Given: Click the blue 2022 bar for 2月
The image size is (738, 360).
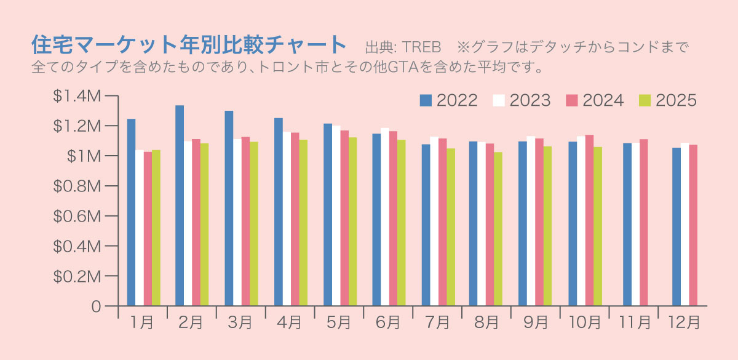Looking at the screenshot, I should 180,206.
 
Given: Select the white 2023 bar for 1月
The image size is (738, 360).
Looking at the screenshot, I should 140,228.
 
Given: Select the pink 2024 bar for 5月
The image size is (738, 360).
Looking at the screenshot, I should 344,218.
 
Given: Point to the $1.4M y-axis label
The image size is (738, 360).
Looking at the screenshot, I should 76,96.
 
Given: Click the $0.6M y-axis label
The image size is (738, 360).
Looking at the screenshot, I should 76,216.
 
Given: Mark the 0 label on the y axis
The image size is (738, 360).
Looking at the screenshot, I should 95,306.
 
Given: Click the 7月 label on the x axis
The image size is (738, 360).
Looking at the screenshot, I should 438,322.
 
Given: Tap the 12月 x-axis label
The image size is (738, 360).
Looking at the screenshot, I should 683,322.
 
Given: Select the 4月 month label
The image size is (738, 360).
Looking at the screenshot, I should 290,322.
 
